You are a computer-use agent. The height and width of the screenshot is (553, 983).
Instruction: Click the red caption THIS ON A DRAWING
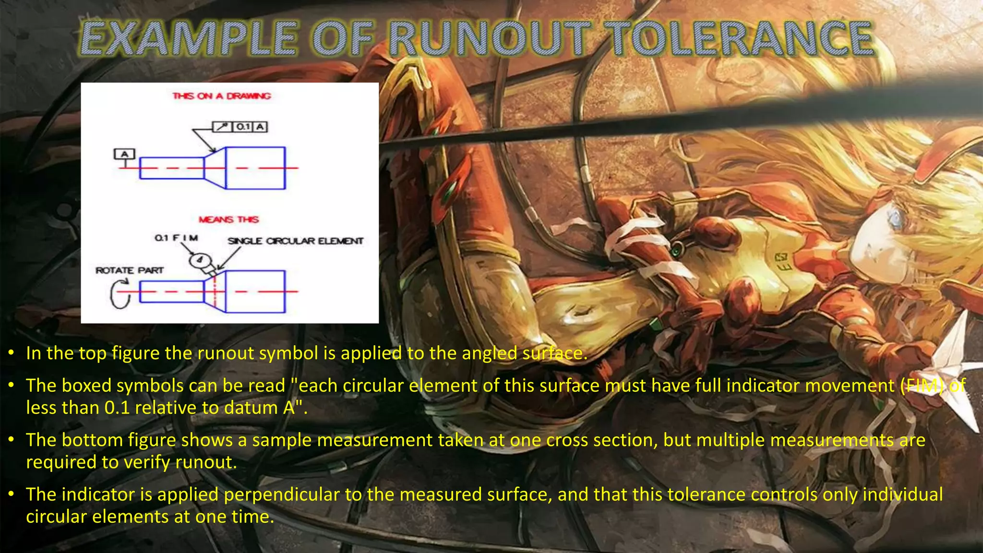click(x=221, y=96)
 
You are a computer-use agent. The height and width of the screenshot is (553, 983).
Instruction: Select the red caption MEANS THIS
click(x=228, y=219)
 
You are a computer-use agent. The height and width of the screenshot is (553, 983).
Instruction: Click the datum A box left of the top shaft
click(x=124, y=154)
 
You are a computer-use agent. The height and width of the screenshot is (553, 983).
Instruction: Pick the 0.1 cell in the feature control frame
click(x=243, y=127)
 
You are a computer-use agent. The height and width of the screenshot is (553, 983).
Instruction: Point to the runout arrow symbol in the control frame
click(x=222, y=127)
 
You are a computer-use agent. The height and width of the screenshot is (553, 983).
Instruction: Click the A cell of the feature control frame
click(x=260, y=127)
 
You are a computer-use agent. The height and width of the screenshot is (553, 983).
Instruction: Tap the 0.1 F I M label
click(x=176, y=238)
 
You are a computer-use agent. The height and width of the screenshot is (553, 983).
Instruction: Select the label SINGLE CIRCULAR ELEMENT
click(x=295, y=241)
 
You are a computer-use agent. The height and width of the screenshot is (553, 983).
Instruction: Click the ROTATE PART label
click(x=130, y=270)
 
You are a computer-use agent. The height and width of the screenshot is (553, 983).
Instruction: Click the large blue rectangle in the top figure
click(x=255, y=168)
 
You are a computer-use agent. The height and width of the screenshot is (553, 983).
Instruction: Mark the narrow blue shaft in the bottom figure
click(x=172, y=291)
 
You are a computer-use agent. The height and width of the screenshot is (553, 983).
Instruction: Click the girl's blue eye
click(x=895, y=219)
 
